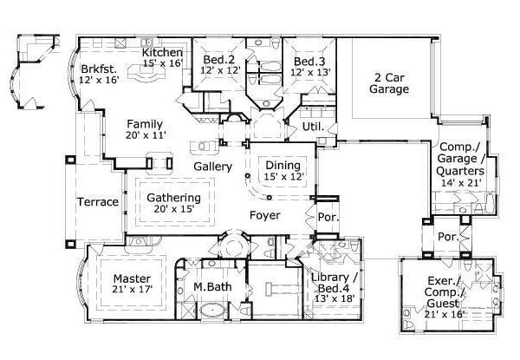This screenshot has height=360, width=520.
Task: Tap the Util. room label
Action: pyautogui.click(x=313, y=127)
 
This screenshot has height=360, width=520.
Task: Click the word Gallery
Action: pyautogui.click(x=212, y=166)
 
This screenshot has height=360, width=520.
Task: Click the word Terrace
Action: pyautogui.click(x=98, y=202)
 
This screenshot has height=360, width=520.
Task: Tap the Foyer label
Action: pyautogui.click(x=265, y=213)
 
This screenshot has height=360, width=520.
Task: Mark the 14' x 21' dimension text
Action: pyautogui.click(x=459, y=184)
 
